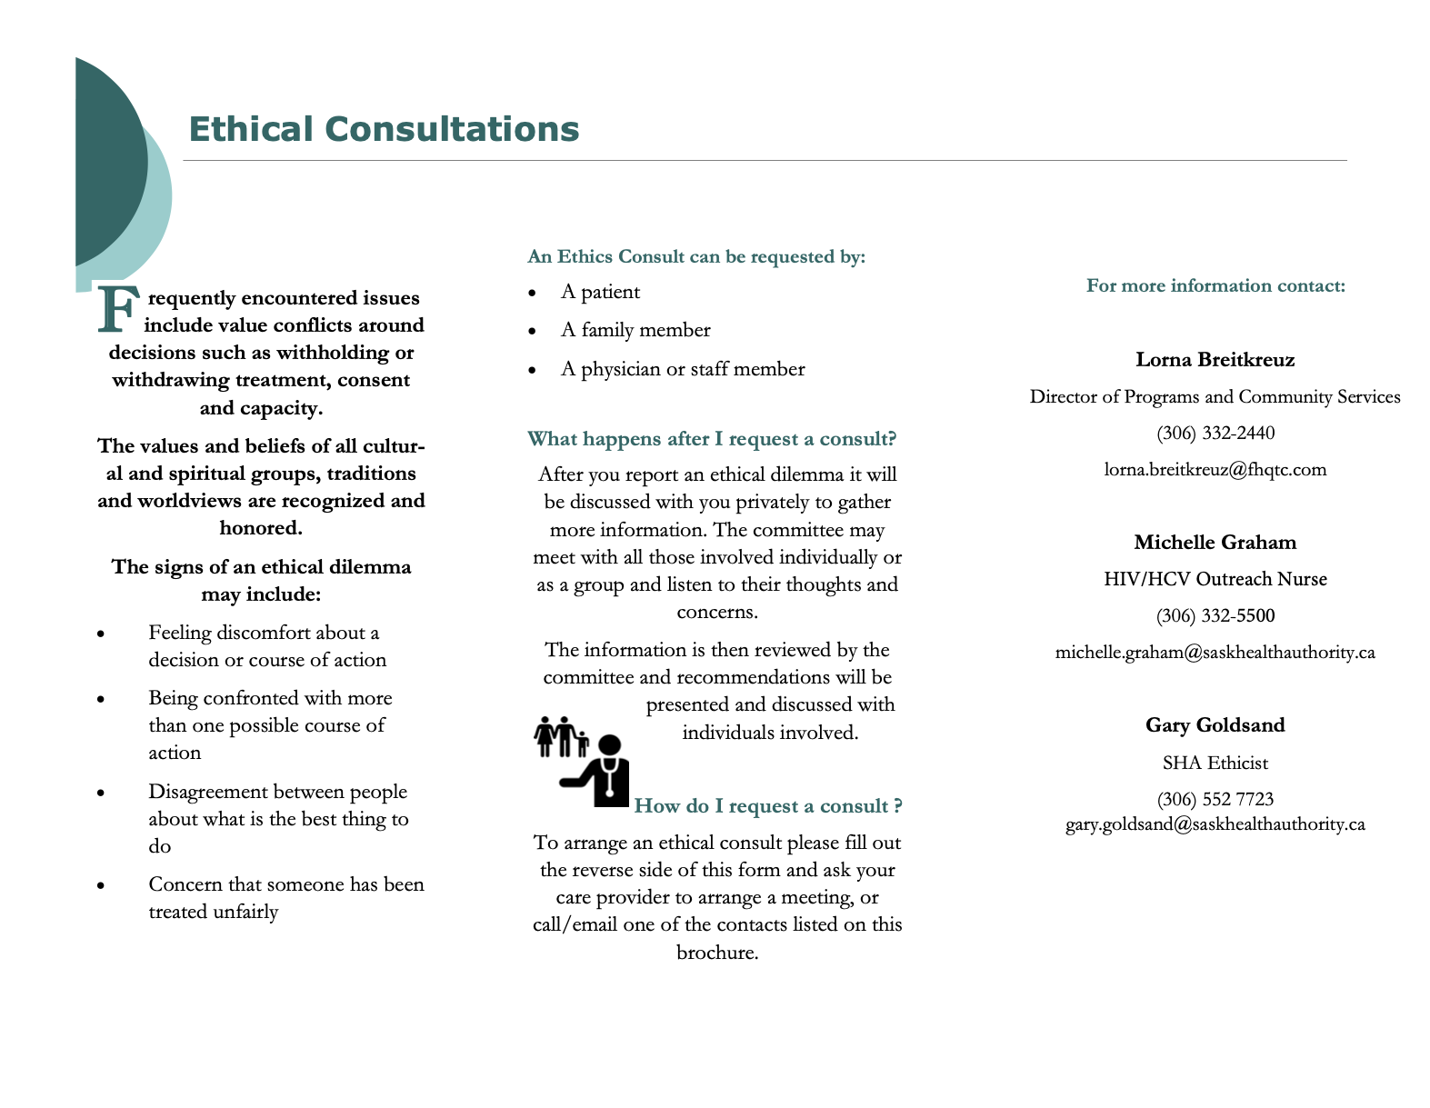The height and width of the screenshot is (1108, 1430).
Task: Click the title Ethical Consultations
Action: pyautogui.click(x=383, y=129)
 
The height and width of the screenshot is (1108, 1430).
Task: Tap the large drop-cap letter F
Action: pyautogui.click(x=118, y=310)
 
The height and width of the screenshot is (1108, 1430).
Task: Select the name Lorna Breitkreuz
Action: pyautogui.click(x=1215, y=360)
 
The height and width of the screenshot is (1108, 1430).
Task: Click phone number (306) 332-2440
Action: pyautogui.click(x=1215, y=433)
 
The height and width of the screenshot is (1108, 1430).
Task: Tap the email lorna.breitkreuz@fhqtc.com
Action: pyautogui.click(x=1215, y=470)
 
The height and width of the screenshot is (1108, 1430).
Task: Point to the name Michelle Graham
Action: pyautogui.click(x=1215, y=543)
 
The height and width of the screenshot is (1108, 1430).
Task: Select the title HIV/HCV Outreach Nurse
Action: pyautogui.click(x=1215, y=579)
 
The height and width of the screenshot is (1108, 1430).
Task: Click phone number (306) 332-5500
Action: pyautogui.click(x=1215, y=616)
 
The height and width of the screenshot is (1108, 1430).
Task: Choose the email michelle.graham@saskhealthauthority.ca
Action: pyautogui.click(x=1215, y=653)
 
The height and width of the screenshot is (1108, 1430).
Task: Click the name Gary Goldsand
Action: pyautogui.click(x=1215, y=725)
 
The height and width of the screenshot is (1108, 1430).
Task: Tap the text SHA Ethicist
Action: pyautogui.click(x=1215, y=763)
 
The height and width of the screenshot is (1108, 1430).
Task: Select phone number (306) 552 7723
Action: pyautogui.click(x=1215, y=800)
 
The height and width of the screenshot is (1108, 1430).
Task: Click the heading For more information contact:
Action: pyautogui.click(x=1215, y=286)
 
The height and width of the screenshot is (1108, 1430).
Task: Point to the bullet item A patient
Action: pyautogui.click(x=600, y=292)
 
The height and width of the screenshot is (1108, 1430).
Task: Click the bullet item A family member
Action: pyautogui.click(x=635, y=330)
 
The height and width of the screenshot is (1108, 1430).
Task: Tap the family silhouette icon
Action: pyautogui.click(x=560, y=737)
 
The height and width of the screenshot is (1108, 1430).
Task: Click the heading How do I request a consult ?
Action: pyautogui.click(x=767, y=806)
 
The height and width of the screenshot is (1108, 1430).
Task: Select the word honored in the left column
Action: pyautogui.click(x=260, y=528)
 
